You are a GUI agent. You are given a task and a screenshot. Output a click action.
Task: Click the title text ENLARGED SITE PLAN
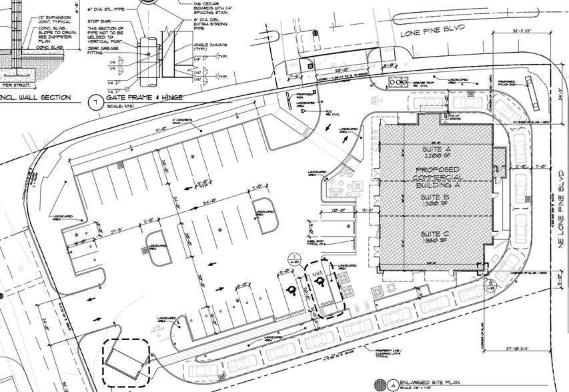(x=430, y=384)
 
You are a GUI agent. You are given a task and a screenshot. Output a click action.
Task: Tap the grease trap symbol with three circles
(x=399, y=82)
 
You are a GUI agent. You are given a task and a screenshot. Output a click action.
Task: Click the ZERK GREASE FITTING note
(x=104, y=59)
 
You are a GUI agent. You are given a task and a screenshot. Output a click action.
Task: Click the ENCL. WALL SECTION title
(x=36, y=97)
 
